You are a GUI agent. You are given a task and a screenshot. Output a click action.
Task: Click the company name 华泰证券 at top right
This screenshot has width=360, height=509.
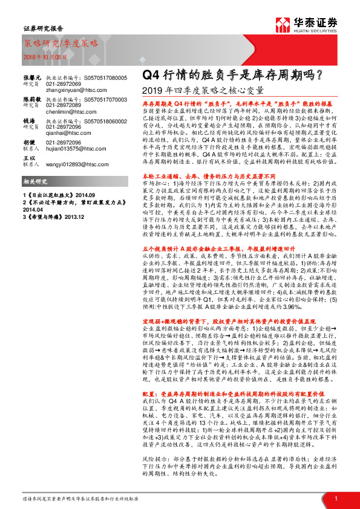pos(315,22)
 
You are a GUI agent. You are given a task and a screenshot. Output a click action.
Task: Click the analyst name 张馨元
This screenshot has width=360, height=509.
pos(32,79)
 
